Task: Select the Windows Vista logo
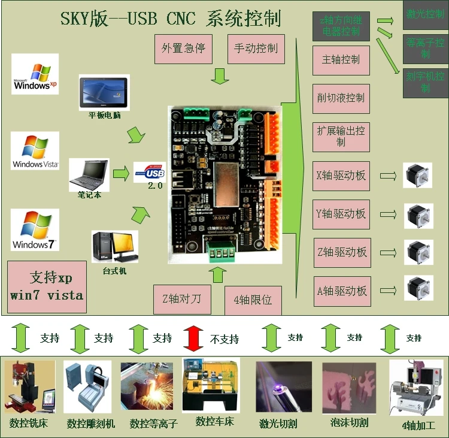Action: [x=35, y=151]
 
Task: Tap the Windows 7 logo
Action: [x=35, y=229]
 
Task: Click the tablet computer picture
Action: [x=104, y=92]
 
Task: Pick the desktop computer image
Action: [x=114, y=246]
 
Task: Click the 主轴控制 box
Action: [x=341, y=60]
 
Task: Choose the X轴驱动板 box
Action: [x=341, y=176]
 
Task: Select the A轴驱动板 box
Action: [x=342, y=291]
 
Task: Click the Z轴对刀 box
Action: [x=182, y=299]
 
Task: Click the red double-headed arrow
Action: [x=193, y=338]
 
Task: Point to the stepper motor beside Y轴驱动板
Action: [x=418, y=214]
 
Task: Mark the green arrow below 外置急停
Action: [x=221, y=76]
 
